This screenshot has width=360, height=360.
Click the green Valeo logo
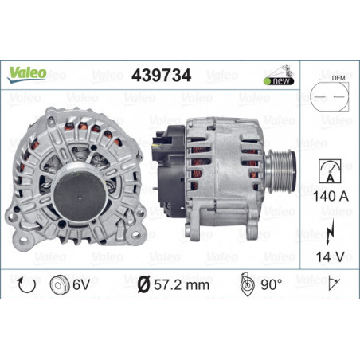26,75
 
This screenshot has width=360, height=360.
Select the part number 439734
161,75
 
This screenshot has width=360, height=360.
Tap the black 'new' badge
279,81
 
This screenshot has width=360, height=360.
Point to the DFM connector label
338,78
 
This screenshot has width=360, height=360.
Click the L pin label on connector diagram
319,78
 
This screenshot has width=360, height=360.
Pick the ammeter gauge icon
330,171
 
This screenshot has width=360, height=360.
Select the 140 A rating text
331,196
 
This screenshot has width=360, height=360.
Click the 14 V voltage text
330,256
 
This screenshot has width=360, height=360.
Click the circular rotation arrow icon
26,285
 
